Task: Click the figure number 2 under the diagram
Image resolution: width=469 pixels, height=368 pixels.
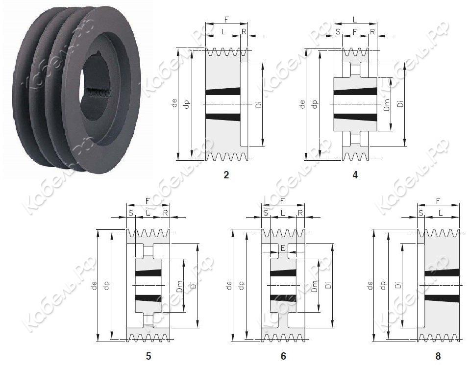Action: coord(226,175)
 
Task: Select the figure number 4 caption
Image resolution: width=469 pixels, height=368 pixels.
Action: coord(355,175)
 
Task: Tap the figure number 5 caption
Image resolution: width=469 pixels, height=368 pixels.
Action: coord(148,356)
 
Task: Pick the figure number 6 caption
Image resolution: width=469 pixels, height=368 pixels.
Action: coord(283,356)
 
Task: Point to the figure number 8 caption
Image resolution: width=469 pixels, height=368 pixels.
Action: coord(438,356)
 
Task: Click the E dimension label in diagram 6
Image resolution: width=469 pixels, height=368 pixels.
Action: coord(283,248)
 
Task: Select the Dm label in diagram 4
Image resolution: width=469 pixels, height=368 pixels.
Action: coord(387,105)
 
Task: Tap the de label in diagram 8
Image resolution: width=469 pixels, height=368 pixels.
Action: coord(370,286)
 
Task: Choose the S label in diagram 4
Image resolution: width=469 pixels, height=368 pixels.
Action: coord(338,31)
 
